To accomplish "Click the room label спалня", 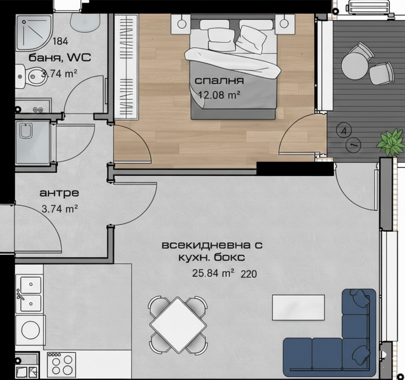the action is [x=219, y=81].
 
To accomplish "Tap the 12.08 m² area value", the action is [x=219, y=95].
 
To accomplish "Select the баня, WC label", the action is [x=60, y=57].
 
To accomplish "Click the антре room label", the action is [x=59, y=193].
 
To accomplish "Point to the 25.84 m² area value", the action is [x=213, y=273].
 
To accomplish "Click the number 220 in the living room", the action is [x=249, y=274].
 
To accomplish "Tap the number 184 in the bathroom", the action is [x=61, y=41].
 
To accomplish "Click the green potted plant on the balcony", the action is [x=390, y=142].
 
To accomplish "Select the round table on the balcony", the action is [x=354, y=66].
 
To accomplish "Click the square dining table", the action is [x=178, y=325].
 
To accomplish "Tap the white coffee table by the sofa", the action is [x=298, y=308].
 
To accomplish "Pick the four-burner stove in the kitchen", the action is [x=61, y=364].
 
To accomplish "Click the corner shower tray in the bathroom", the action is [x=34, y=33].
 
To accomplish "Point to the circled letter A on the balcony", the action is [x=344, y=131].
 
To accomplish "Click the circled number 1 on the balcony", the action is [x=353, y=145].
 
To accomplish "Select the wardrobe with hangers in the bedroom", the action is [x=126, y=66].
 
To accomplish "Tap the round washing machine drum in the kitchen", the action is [x=30, y=330].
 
